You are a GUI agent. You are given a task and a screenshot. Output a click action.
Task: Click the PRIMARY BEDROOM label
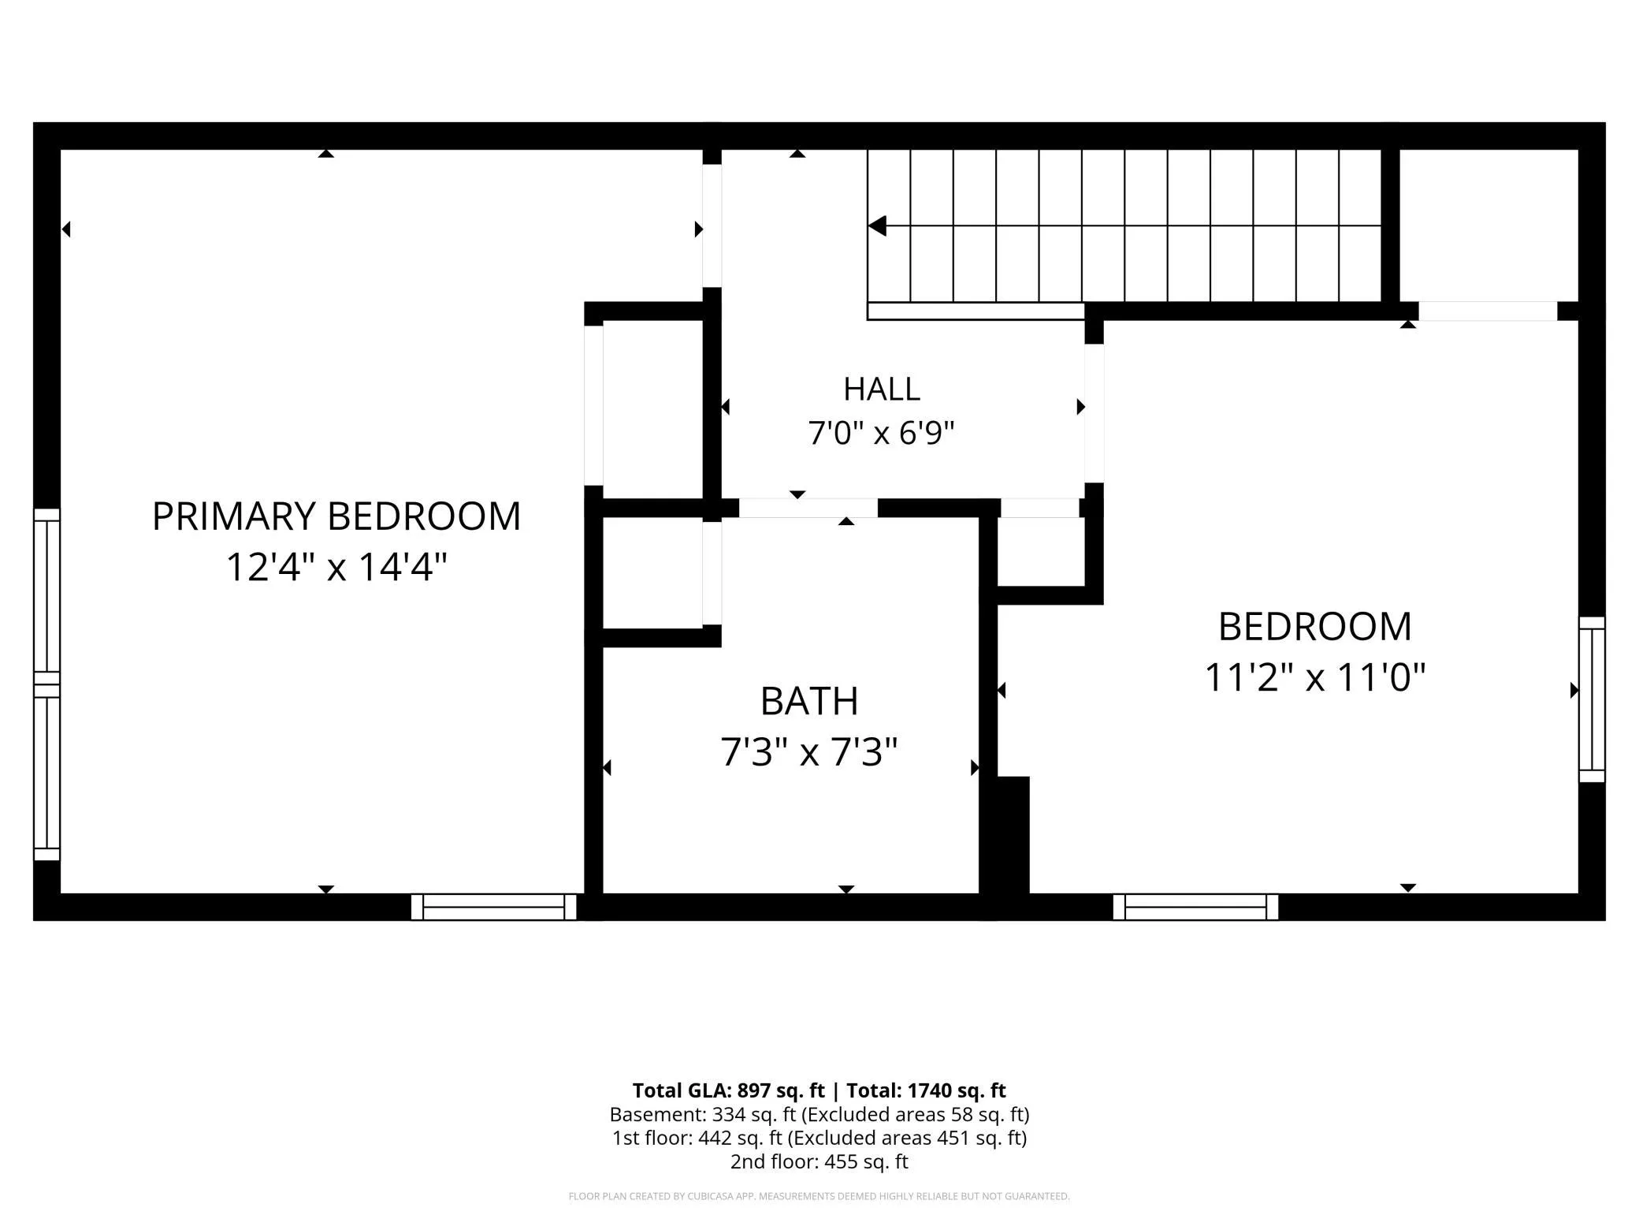click(336, 516)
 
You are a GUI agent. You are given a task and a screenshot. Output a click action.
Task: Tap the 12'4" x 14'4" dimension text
click(336, 567)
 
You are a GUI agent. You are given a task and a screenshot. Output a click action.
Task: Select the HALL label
click(882, 389)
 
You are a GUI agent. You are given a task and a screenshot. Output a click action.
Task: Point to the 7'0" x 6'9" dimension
click(882, 433)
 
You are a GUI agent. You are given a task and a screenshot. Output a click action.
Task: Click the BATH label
click(809, 701)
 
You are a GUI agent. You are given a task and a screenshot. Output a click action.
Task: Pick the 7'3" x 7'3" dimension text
click(809, 751)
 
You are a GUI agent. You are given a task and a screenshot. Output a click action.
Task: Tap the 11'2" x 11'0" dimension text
click(1315, 676)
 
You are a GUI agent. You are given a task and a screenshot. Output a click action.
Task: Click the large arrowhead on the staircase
click(877, 226)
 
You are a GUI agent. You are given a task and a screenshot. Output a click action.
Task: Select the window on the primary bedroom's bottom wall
click(494, 907)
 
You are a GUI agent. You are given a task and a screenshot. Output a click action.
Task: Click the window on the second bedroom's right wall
click(1592, 699)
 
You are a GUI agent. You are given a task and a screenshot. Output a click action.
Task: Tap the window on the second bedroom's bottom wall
click(1195, 907)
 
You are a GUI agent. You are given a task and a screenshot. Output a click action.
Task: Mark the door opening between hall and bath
click(808, 509)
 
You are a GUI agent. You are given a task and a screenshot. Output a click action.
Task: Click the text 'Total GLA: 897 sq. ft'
click(729, 1090)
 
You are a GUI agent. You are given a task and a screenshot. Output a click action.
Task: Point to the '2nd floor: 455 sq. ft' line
click(819, 1161)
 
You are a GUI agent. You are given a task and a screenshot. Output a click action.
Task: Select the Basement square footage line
click(819, 1114)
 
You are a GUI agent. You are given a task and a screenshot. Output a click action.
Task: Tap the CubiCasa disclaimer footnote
click(819, 1196)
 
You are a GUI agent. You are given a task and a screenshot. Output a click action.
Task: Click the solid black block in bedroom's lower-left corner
click(1013, 835)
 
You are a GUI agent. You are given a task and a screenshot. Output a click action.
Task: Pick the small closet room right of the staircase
click(1488, 225)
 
